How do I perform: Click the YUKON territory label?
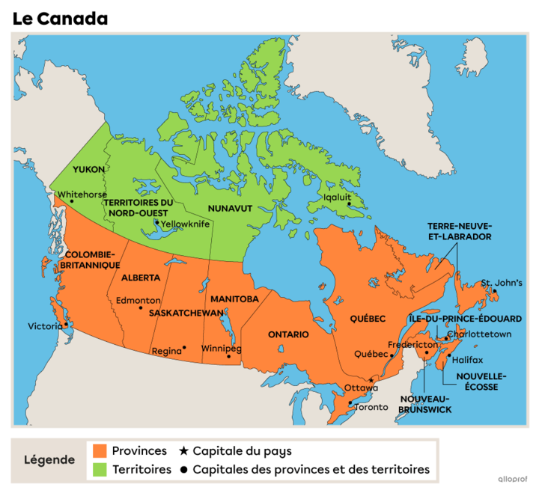(x=88, y=170)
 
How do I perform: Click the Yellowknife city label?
(x=186, y=224)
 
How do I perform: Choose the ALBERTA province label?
(x=140, y=278)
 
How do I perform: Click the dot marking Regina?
(x=184, y=347)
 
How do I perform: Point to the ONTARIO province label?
(x=288, y=334)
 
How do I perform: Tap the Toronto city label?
(x=371, y=407)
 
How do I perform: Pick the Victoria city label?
(x=45, y=326)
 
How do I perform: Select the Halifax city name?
(x=469, y=359)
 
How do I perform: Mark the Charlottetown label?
(x=479, y=334)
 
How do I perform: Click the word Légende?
(x=49, y=460)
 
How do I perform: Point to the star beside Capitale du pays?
(x=183, y=451)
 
